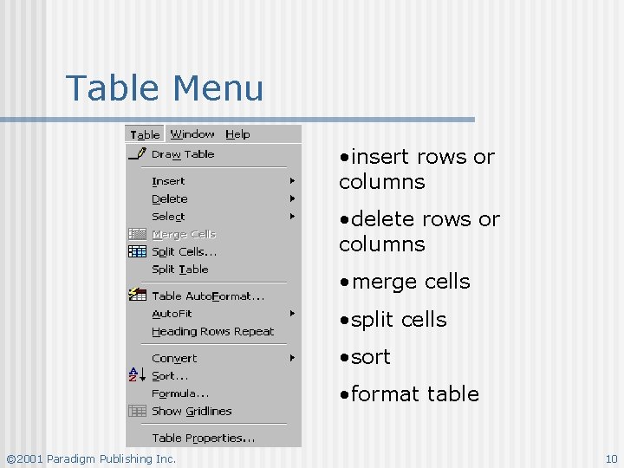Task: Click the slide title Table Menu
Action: pyautogui.click(x=165, y=88)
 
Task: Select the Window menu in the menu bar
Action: pyautogui.click(x=192, y=134)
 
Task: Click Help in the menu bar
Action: pyautogui.click(x=237, y=134)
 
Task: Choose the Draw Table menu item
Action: pyautogui.click(x=183, y=154)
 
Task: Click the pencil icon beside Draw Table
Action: pyautogui.click(x=137, y=154)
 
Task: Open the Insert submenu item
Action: pyautogui.click(x=168, y=181)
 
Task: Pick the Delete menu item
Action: pyautogui.click(x=170, y=198)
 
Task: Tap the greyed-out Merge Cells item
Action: pyautogui.click(x=184, y=234)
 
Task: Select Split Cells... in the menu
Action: pyautogui.click(x=184, y=252)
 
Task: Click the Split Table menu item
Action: pyautogui.click(x=180, y=270)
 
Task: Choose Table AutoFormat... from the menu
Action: pyautogui.click(x=208, y=296)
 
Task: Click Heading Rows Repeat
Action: pyautogui.click(x=212, y=332)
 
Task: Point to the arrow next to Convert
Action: pyautogui.click(x=293, y=358)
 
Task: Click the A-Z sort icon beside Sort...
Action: pyautogui.click(x=136, y=375)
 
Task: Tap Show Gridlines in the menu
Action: pyautogui.click(x=192, y=412)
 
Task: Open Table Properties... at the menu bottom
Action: pyautogui.click(x=203, y=438)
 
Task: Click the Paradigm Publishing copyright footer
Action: pyautogui.click(x=91, y=458)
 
